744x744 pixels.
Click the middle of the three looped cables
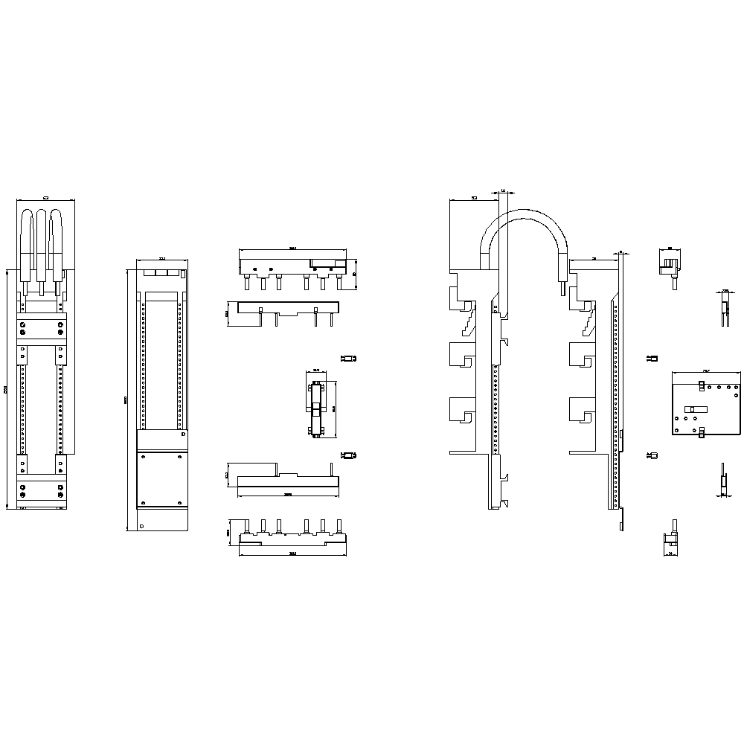[41, 246]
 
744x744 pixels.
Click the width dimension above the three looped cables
[45, 197]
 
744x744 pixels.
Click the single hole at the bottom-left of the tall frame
[141, 525]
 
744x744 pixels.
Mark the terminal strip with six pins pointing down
[292, 269]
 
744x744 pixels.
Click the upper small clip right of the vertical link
[346, 359]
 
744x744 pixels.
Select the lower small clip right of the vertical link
[346, 455]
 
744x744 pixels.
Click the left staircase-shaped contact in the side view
[468, 319]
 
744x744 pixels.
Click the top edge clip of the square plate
[702, 385]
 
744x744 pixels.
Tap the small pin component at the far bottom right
[722, 480]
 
